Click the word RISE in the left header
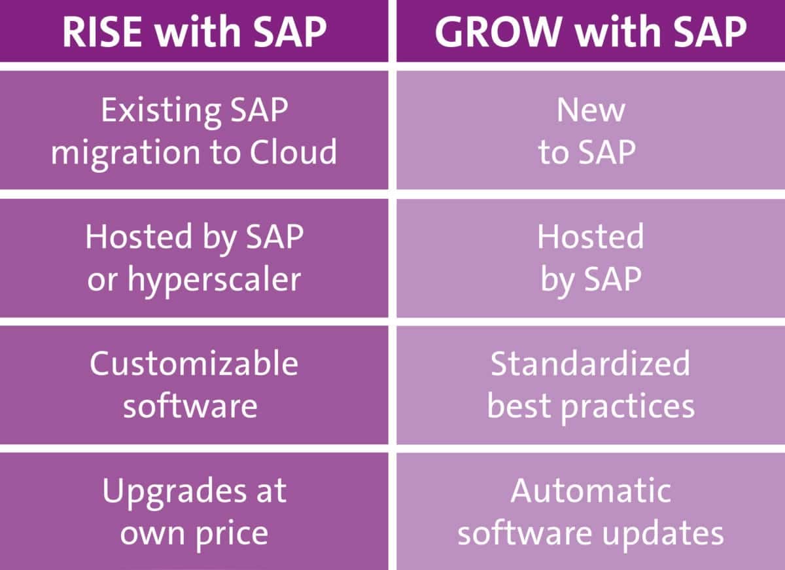tap(102, 31)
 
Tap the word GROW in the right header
tap(498, 31)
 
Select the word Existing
tap(161, 111)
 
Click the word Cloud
tap(293, 152)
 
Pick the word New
tap(591, 110)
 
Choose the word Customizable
tap(194, 363)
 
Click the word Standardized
tap(591, 363)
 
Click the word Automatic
tap(591, 490)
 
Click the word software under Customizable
tap(190, 406)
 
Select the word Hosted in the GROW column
tap(591, 237)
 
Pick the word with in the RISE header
tap(198, 31)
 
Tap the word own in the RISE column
tap(153, 535)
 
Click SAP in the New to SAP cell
tap(607, 152)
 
